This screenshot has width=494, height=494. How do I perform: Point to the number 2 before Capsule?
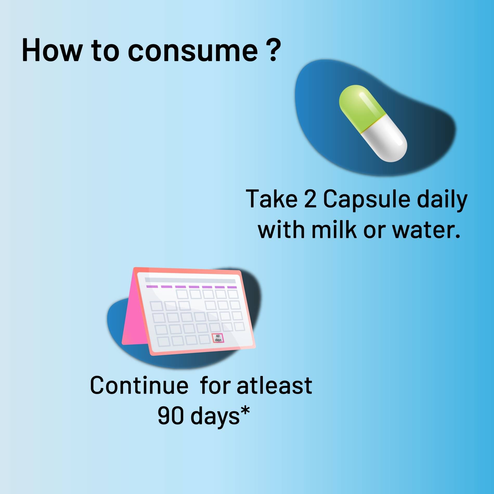click(x=310, y=199)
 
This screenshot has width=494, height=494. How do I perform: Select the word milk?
click(x=334, y=229)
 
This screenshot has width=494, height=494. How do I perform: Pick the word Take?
click(x=271, y=199)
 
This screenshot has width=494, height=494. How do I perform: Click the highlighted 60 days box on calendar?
click(x=218, y=338)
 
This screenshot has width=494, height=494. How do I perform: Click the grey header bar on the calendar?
click(x=190, y=281)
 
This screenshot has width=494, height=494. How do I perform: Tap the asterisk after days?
click(x=244, y=411)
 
